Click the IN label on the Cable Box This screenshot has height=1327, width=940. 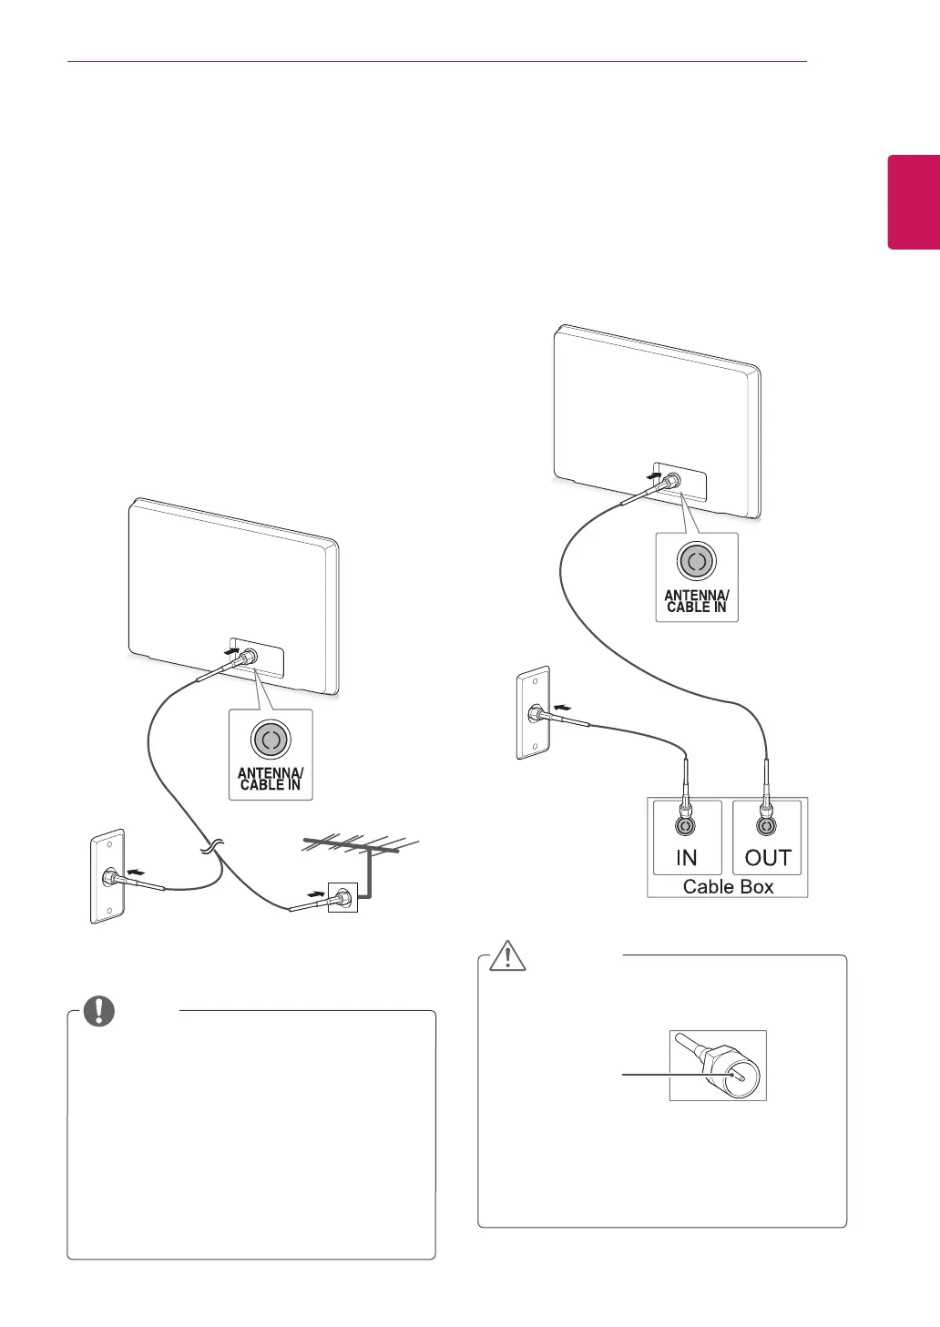point(686,858)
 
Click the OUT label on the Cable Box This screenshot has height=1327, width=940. point(767,858)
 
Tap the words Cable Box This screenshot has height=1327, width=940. point(728,886)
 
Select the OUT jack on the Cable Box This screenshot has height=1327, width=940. point(767,826)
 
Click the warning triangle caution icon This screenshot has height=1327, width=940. point(503,956)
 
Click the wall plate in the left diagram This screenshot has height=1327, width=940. point(107,876)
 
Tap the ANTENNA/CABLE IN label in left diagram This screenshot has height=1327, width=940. point(271,779)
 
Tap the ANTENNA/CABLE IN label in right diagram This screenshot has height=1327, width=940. point(697,601)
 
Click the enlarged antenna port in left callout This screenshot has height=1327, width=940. point(271,740)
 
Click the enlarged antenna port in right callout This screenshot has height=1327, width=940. point(697,562)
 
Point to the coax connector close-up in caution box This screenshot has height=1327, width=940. point(718,1066)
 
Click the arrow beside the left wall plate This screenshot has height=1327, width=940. point(135,873)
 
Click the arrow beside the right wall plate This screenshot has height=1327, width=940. point(565,706)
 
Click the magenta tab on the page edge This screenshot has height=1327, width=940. point(914,201)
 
